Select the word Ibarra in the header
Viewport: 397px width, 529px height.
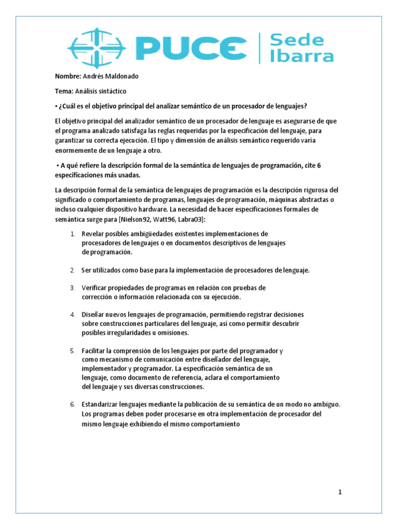(302, 56)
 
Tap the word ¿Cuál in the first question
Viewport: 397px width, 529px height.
(68, 106)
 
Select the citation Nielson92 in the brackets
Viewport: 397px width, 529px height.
(135, 219)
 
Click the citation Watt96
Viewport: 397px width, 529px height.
(164, 219)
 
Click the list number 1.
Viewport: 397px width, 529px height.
(73, 234)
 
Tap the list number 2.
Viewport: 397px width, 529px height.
(73, 270)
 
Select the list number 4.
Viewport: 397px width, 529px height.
(73, 314)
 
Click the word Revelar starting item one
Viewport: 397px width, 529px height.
(94, 234)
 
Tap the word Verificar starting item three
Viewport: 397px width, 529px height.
(95, 287)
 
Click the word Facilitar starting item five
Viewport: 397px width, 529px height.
(95, 351)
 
